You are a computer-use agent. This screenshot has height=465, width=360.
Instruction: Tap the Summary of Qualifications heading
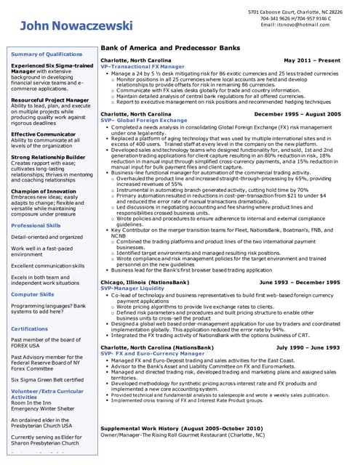coord(47,54)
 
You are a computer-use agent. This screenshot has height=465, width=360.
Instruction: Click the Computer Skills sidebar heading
coord(33,294)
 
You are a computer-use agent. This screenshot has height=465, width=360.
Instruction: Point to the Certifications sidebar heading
coord(30,328)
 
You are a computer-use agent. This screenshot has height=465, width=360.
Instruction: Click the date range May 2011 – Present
coord(312,60)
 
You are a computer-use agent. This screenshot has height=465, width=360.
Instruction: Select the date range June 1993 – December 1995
coord(300,281)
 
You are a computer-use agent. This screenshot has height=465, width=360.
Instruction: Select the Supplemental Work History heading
coord(181,429)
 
